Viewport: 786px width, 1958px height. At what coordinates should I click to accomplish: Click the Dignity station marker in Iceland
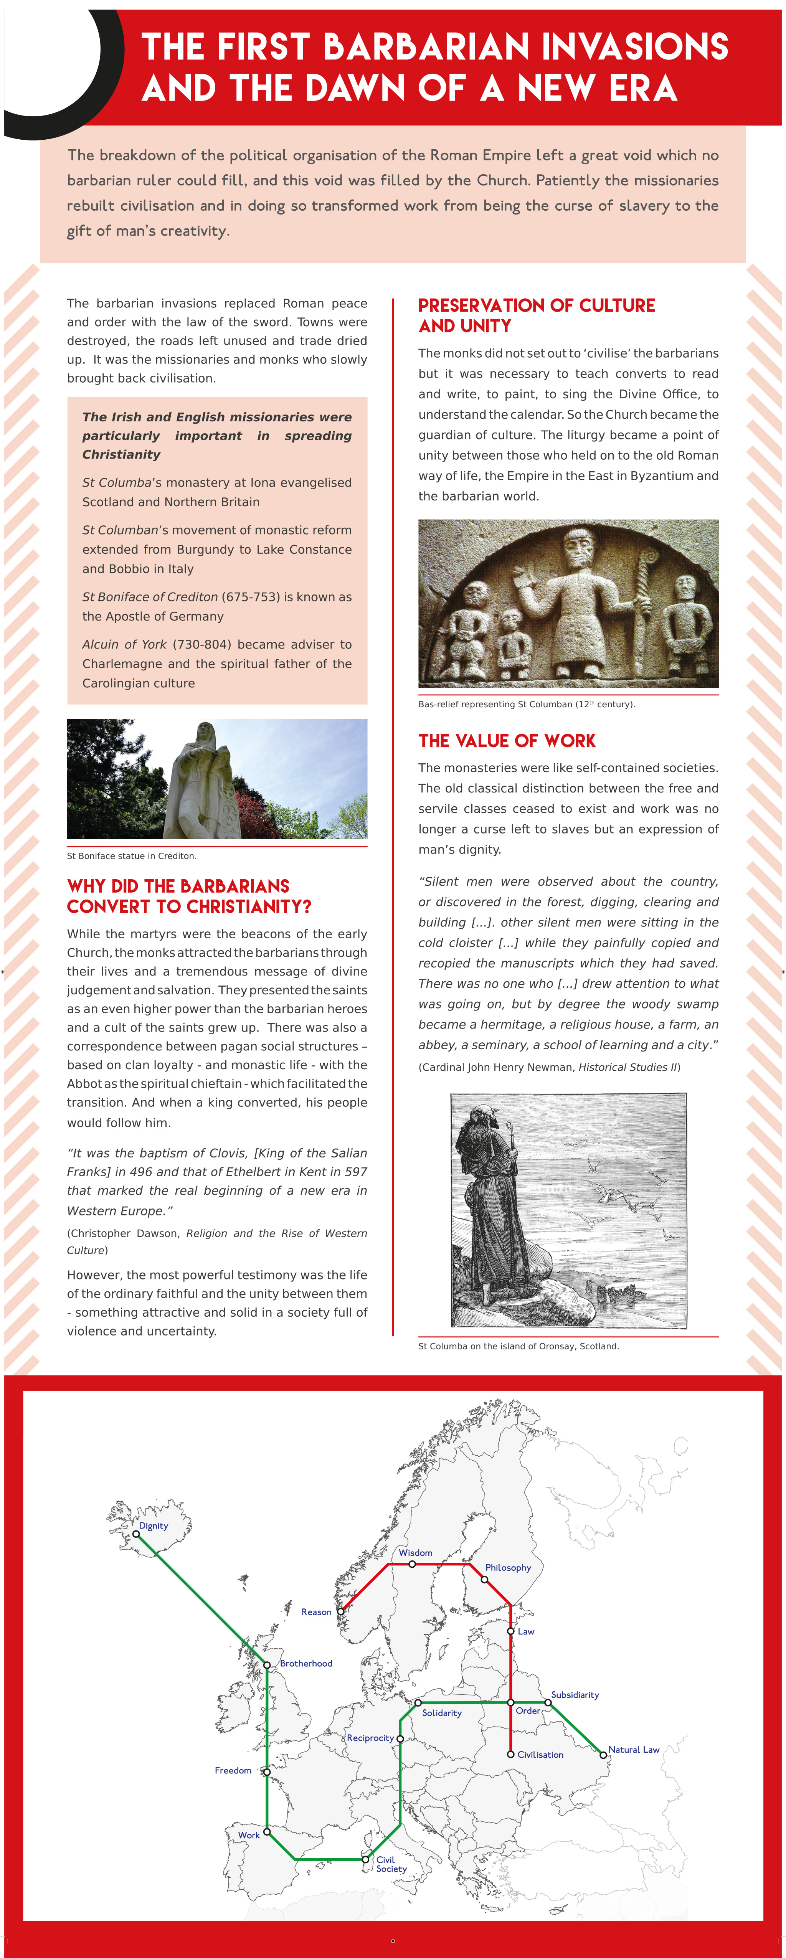click(x=136, y=1534)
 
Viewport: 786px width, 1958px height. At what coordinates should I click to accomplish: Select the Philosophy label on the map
click(x=508, y=1567)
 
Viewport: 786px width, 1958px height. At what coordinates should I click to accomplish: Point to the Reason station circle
click(x=340, y=1611)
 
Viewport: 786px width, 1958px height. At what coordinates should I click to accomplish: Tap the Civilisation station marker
click(x=511, y=1754)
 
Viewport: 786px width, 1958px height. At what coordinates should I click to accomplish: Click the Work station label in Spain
click(x=249, y=1835)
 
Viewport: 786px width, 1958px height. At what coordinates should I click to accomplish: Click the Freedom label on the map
click(x=233, y=1770)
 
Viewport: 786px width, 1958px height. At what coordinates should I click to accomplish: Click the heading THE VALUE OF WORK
click(x=507, y=741)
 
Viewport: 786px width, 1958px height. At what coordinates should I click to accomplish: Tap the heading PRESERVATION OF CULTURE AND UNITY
click(x=536, y=315)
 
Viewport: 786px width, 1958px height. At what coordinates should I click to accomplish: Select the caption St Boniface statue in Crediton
click(x=132, y=856)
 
